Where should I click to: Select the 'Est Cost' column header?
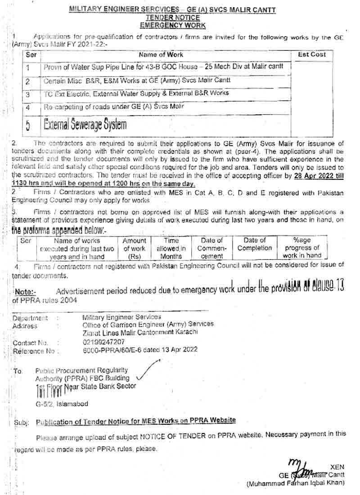tap(311, 55)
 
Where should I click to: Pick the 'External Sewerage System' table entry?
tap(85, 124)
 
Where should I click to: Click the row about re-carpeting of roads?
tap(114, 107)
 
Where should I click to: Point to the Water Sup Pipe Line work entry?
tap(164, 67)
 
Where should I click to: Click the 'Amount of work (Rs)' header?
tap(135, 248)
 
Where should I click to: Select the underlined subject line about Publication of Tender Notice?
tap(136, 420)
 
